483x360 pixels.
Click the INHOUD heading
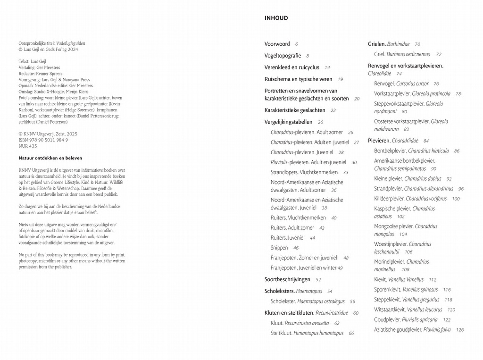(276, 18)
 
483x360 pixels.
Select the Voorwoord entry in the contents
(277, 44)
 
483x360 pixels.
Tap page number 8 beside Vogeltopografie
(307, 56)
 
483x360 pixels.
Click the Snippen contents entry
(279, 248)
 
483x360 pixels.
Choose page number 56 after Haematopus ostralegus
(352, 301)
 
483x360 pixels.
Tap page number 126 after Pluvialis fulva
(460, 330)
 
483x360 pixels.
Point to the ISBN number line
(43, 140)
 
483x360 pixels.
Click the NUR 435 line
(28, 146)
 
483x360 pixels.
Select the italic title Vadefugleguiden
(71, 43)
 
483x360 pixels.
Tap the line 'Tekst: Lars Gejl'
(33, 61)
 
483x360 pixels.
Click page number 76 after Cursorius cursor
(436, 84)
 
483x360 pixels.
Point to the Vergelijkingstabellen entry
(288, 122)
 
